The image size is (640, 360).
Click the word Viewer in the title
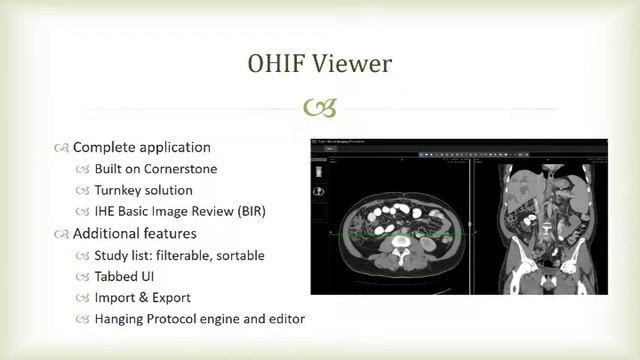[350, 64]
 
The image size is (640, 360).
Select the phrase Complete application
[142, 147]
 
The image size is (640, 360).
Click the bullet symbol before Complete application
[62, 147]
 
